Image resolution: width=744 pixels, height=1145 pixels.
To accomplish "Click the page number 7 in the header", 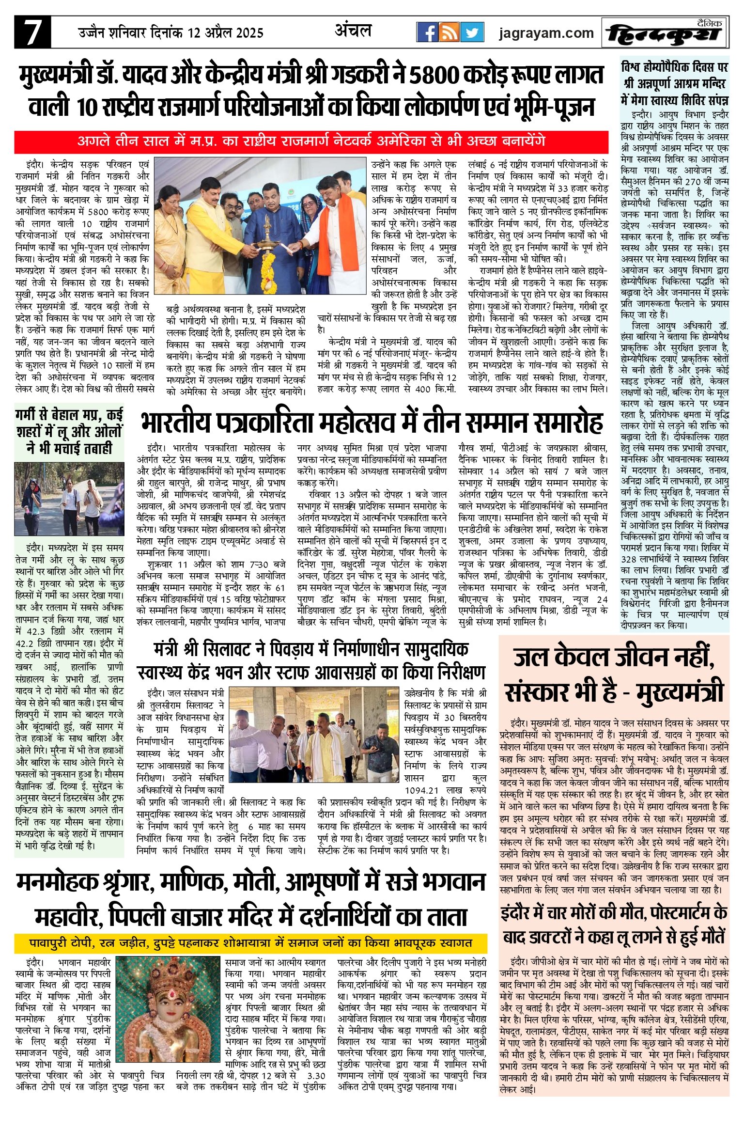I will (32, 32).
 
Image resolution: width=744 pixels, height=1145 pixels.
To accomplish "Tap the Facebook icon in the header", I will (427, 32).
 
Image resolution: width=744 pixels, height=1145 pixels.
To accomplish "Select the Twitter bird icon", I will (472, 32).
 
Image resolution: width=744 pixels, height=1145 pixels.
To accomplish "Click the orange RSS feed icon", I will (449, 32).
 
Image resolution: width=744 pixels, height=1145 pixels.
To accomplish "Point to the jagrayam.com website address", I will (546, 33).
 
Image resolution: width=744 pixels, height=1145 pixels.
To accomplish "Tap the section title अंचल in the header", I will (353, 31).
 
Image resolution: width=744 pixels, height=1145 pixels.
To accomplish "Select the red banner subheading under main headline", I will (311, 142).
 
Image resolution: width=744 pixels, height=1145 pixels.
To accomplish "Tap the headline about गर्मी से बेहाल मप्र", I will (69, 431).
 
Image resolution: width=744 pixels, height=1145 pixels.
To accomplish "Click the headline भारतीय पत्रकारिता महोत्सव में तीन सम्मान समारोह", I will (372, 423).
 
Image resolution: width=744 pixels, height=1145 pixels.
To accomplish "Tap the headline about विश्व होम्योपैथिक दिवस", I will (675, 83).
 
